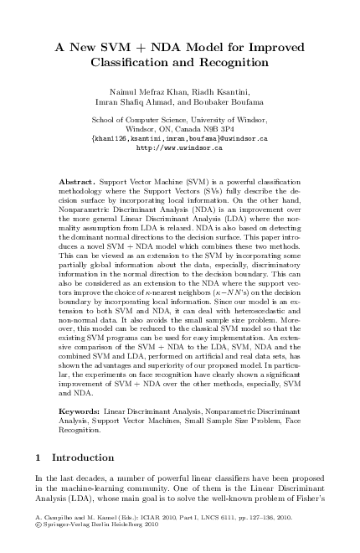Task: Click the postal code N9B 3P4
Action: pos(223,129)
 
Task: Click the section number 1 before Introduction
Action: pos(39,458)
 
